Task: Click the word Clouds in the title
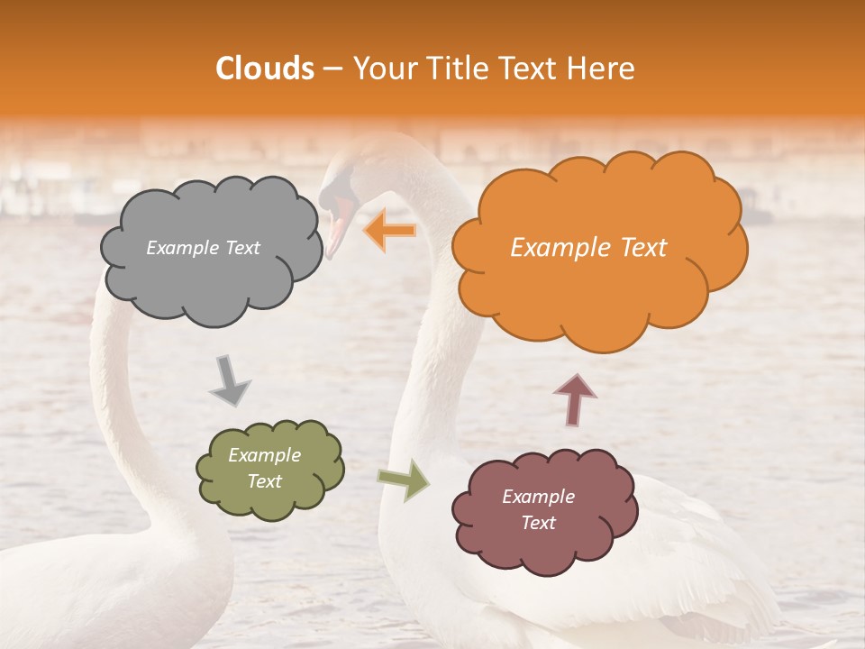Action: pos(265,69)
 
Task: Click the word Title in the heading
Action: pos(455,69)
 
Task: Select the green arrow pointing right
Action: pos(404,479)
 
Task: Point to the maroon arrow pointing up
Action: pos(575,399)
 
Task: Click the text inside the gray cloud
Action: pos(203,248)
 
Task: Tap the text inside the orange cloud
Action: pos(588,248)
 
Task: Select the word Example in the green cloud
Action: pos(264,455)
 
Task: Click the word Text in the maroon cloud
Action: pos(538,523)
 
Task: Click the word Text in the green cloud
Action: pos(264,481)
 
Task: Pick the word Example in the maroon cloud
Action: pos(538,497)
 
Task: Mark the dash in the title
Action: pos(332,69)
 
